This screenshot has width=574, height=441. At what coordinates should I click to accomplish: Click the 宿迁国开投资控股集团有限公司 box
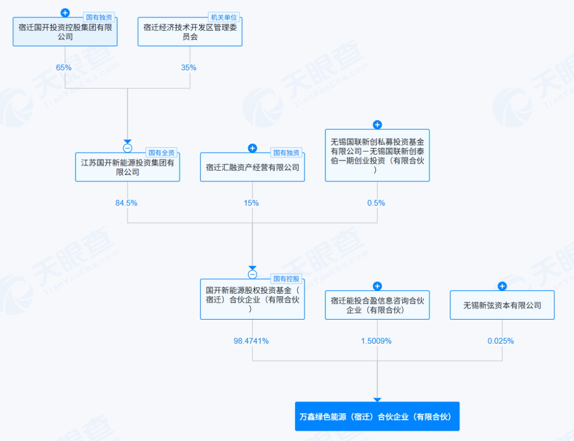65,32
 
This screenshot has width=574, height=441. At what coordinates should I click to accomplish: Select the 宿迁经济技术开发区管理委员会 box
190,32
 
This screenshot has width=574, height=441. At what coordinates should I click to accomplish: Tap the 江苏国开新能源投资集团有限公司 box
128,167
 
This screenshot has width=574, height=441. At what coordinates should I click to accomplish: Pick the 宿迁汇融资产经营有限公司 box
252,167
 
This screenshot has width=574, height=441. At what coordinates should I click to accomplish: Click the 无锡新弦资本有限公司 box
502,305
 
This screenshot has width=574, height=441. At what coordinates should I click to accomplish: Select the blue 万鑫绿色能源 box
377,416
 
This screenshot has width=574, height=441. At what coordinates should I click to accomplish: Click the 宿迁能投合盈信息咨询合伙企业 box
377,305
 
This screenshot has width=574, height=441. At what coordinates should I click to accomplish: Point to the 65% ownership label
64,68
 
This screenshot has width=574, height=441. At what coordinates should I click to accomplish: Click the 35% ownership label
189,68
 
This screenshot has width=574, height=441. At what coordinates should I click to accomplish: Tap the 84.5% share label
126,203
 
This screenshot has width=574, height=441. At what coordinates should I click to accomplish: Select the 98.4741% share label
251,341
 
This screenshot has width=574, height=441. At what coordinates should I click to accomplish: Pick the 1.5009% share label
376,341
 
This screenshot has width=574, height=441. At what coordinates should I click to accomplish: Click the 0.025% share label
501,341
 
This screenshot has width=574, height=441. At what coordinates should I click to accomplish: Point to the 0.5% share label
376,203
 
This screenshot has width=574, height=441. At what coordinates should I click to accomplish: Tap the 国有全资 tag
161,153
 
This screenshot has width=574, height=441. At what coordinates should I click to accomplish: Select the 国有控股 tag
286,278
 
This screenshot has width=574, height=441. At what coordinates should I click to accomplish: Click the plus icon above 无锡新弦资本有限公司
502,286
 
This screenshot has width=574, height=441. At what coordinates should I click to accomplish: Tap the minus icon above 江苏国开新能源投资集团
128,148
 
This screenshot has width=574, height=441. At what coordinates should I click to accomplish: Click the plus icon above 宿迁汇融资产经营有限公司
252,148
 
